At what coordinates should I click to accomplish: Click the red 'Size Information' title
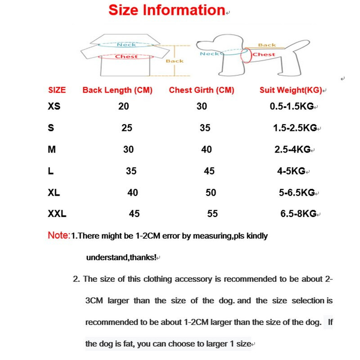tap(166, 10)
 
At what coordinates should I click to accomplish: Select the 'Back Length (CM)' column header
tap(117, 90)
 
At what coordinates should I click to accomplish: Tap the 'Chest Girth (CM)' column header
tap(202, 90)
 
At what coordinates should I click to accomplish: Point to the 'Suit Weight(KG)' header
tap(291, 90)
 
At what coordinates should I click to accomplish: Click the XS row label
tap(54, 106)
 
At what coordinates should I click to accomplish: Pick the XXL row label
tap(57, 214)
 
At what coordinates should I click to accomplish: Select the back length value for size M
tap(128, 149)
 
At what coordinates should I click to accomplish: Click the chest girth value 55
tap(212, 214)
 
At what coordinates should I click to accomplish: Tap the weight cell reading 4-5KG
tap(291, 171)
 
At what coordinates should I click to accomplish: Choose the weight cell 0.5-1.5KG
tap(292, 106)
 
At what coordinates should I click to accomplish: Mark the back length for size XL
tap(133, 193)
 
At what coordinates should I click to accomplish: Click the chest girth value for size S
tap(205, 128)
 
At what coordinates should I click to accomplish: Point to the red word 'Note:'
tap(59, 235)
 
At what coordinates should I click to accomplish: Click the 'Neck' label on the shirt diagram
tap(126, 45)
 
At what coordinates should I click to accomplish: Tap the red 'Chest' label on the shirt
tap(126, 57)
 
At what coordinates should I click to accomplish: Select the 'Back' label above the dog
tap(267, 45)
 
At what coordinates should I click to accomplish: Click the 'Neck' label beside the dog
tap(209, 54)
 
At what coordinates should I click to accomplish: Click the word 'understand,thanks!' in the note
tap(121, 257)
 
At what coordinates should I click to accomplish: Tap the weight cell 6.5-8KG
tap(298, 214)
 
